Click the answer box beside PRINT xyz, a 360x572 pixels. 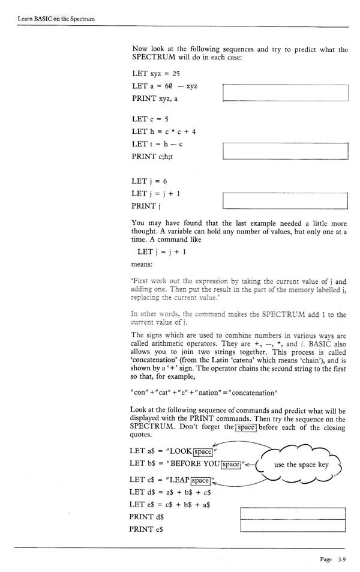tap(285, 93)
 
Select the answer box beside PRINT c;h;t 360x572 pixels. tap(285, 151)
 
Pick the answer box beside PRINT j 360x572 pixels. tap(285, 200)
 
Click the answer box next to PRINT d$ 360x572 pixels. tap(293, 514)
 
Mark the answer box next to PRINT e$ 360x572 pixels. tap(293, 526)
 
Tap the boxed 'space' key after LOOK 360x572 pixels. tap(203, 451)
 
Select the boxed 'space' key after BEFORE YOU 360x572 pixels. tap(230, 465)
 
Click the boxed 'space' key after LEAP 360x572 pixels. tap(200, 480)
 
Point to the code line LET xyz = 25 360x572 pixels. tap(155, 74)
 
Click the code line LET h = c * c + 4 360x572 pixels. tap(164, 131)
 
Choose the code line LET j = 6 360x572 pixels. tap(149, 181)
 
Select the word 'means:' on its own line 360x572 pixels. tap(142, 263)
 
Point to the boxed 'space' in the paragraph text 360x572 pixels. tap(246, 427)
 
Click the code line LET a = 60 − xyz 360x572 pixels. tap(164, 86)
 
